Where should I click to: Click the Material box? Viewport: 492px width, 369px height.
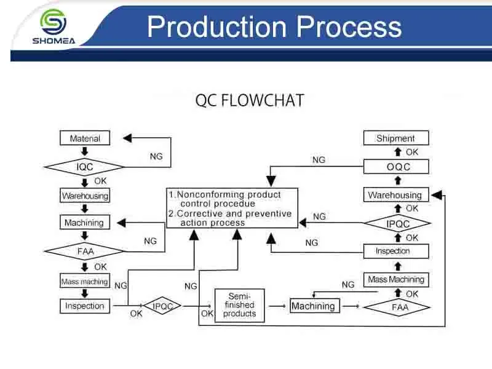[x=85, y=138]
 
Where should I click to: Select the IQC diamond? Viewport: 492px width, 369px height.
[x=84, y=167]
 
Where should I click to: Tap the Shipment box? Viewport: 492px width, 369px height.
[x=395, y=138]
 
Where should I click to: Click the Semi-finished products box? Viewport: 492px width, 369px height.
[x=239, y=305]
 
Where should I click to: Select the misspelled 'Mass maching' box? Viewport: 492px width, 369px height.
[x=85, y=282]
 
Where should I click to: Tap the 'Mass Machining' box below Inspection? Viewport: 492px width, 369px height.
[x=396, y=280]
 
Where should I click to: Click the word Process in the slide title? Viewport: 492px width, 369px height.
[x=350, y=28]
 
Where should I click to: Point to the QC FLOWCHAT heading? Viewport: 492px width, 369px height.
[x=249, y=100]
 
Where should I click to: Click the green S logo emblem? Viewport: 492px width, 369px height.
[x=53, y=22]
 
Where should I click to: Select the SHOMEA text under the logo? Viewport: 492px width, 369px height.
[x=53, y=42]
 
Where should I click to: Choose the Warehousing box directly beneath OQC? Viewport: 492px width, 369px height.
[x=395, y=195]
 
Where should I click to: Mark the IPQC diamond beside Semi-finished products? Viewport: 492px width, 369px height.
[x=162, y=306]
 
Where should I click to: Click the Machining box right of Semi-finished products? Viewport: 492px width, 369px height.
[x=313, y=306]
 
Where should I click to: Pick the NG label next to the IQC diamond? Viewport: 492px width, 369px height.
[x=156, y=157]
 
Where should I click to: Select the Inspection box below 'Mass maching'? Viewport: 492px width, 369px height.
[x=85, y=306]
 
